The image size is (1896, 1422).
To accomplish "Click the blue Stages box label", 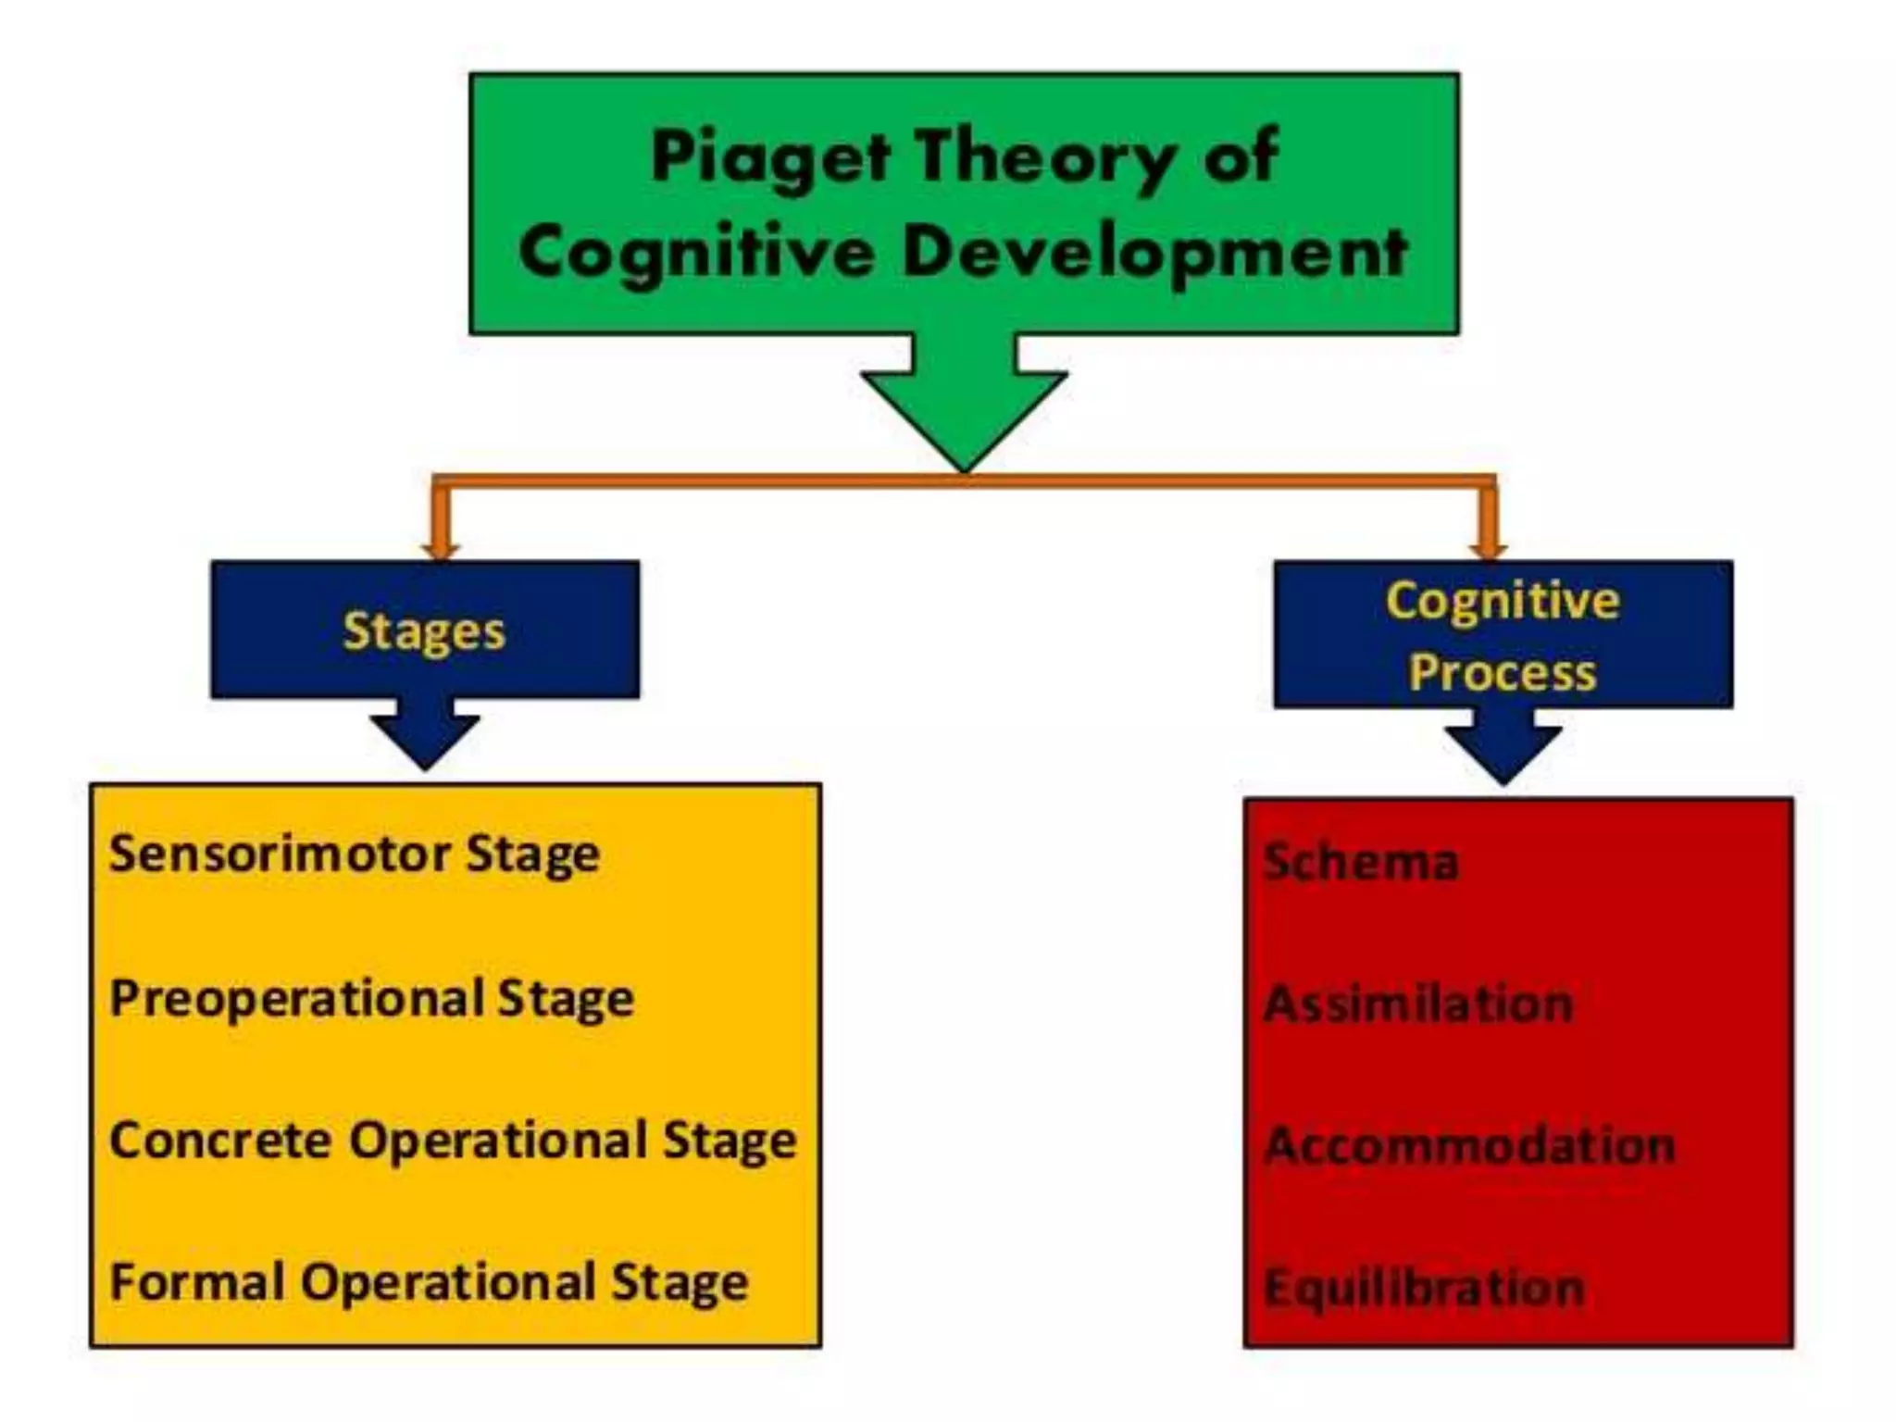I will tap(424, 631).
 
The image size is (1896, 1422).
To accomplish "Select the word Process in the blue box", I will tap(1503, 672).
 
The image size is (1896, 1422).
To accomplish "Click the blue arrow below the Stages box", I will tap(425, 735).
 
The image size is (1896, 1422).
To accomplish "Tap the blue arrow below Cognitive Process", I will tap(1503, 748).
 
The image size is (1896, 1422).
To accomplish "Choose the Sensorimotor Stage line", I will tap(355, 854).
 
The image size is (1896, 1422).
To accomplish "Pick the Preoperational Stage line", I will tap(371, 998).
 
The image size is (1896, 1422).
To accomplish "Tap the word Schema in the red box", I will tap(1361, 861).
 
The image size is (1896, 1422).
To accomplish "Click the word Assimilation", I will tap(1418, 1004).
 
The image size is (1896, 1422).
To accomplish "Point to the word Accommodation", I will tap(1469, 1146).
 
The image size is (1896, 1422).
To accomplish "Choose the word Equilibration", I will tap(1424, 1288).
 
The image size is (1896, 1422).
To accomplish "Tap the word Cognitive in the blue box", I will tap(1503, 601).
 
